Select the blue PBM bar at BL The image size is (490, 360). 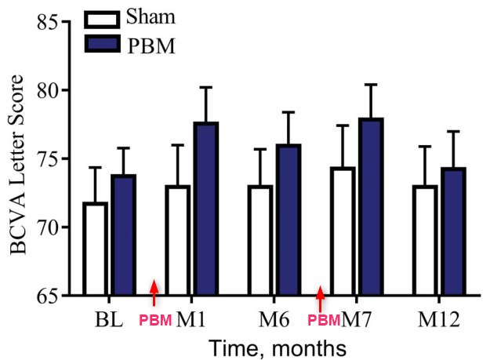pyautogui.click(x=123, y=235)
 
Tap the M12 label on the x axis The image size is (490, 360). pyautogui.click(x=439, y=319)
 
